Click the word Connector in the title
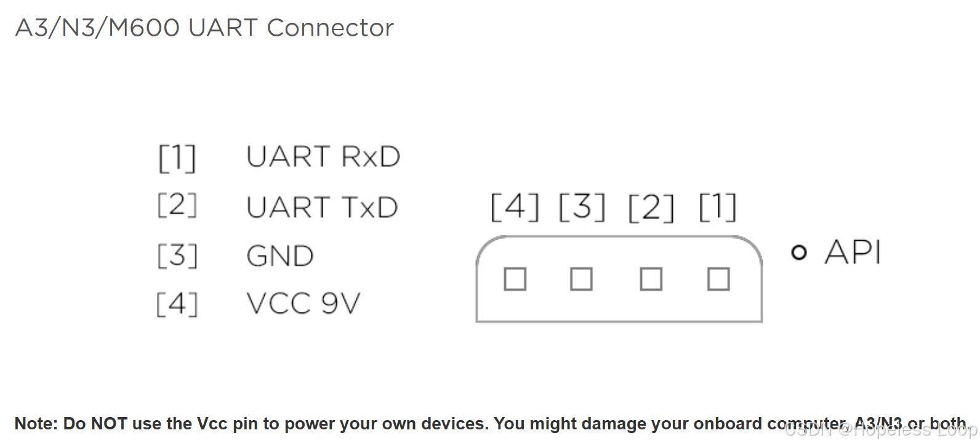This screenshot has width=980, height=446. click(330, 28)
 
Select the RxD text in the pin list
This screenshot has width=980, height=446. click(371, 157)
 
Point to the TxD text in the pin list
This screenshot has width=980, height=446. click(369, 208)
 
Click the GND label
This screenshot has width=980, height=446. click(280, 256)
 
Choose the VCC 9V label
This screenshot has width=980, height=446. click(303, 303)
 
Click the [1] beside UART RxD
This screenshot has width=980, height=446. click(177, 158)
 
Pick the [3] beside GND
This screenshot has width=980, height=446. click(177, 256)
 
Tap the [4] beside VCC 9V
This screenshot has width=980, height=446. click(177, 303)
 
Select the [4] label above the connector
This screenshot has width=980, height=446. click(515, 207)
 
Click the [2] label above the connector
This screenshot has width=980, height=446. click(651, 207)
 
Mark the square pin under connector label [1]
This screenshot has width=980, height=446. click(718, 279)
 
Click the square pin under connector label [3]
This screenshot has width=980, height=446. click(581, 279)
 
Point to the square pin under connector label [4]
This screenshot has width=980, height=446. click(515, 279)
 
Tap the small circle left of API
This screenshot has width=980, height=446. click(798, 253)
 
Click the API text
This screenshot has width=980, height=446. click(853, 252)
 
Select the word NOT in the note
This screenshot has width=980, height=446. click(108, 424)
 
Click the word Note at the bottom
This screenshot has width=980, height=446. click(35, 424)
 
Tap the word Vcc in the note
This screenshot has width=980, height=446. click(212, 424)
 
